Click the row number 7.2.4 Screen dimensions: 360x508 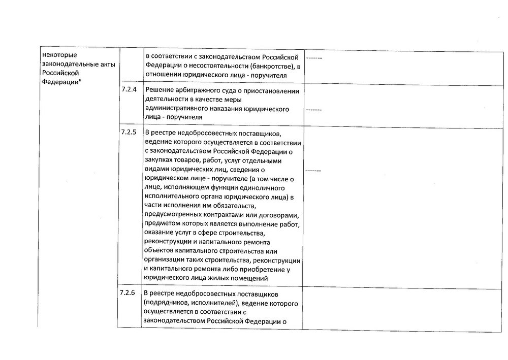(x=129, y=89)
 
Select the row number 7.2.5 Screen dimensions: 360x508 (x=129, y=132)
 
